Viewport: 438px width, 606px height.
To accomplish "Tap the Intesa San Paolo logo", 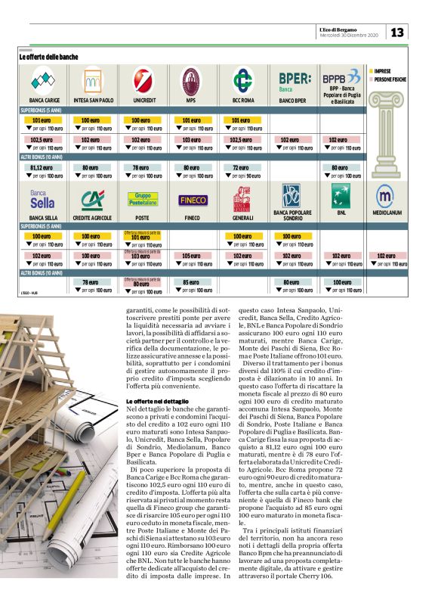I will click(93, 79).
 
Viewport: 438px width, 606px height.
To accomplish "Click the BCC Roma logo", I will click(242, 79).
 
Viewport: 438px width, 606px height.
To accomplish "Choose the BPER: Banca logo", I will click(294, 79).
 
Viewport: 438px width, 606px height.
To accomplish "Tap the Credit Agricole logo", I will click(93, 199).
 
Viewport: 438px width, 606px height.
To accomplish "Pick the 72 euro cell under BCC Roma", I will click(241, 167).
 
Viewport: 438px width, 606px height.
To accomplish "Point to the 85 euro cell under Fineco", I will click(190, 284).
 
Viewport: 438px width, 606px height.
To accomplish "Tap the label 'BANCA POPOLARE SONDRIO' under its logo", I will click(291, 217).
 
